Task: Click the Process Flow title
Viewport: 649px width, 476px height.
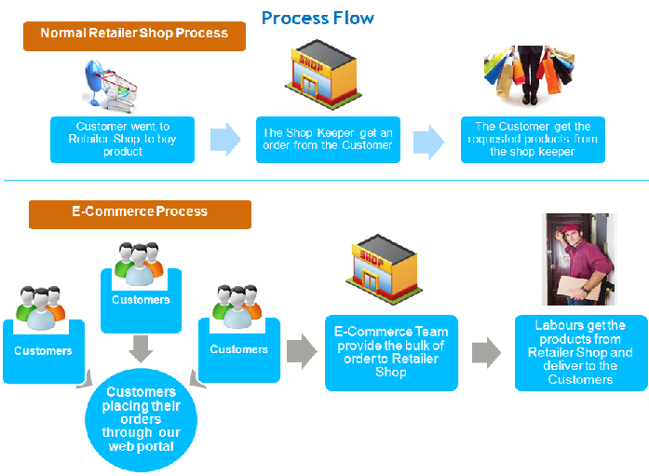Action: click(x=318, y=18)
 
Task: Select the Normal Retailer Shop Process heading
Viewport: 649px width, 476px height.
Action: click(x=134, y=34)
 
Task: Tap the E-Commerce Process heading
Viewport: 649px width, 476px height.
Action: click(x=140, y=212)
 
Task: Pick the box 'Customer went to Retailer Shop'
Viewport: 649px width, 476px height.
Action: click(x=123, y=140)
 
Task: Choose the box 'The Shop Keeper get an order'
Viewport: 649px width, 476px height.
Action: click(x=328, y=140)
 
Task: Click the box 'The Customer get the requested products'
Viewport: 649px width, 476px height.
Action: click(x=533, y=140)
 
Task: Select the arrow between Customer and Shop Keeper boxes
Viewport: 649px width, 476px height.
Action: click(x=225, y=140)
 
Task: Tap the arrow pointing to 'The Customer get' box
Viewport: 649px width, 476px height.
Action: click(x=428, y=142)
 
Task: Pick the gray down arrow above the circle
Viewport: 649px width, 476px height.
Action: click(x=141, y=347)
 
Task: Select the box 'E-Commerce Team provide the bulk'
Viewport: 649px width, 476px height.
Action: click(x=391, y=352)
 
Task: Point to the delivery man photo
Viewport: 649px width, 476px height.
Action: click(x=579, y=260)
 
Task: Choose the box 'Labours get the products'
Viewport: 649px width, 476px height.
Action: click(x=580, y=353)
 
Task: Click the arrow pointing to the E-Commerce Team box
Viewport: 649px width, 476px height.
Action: click(x=302, y=351)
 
